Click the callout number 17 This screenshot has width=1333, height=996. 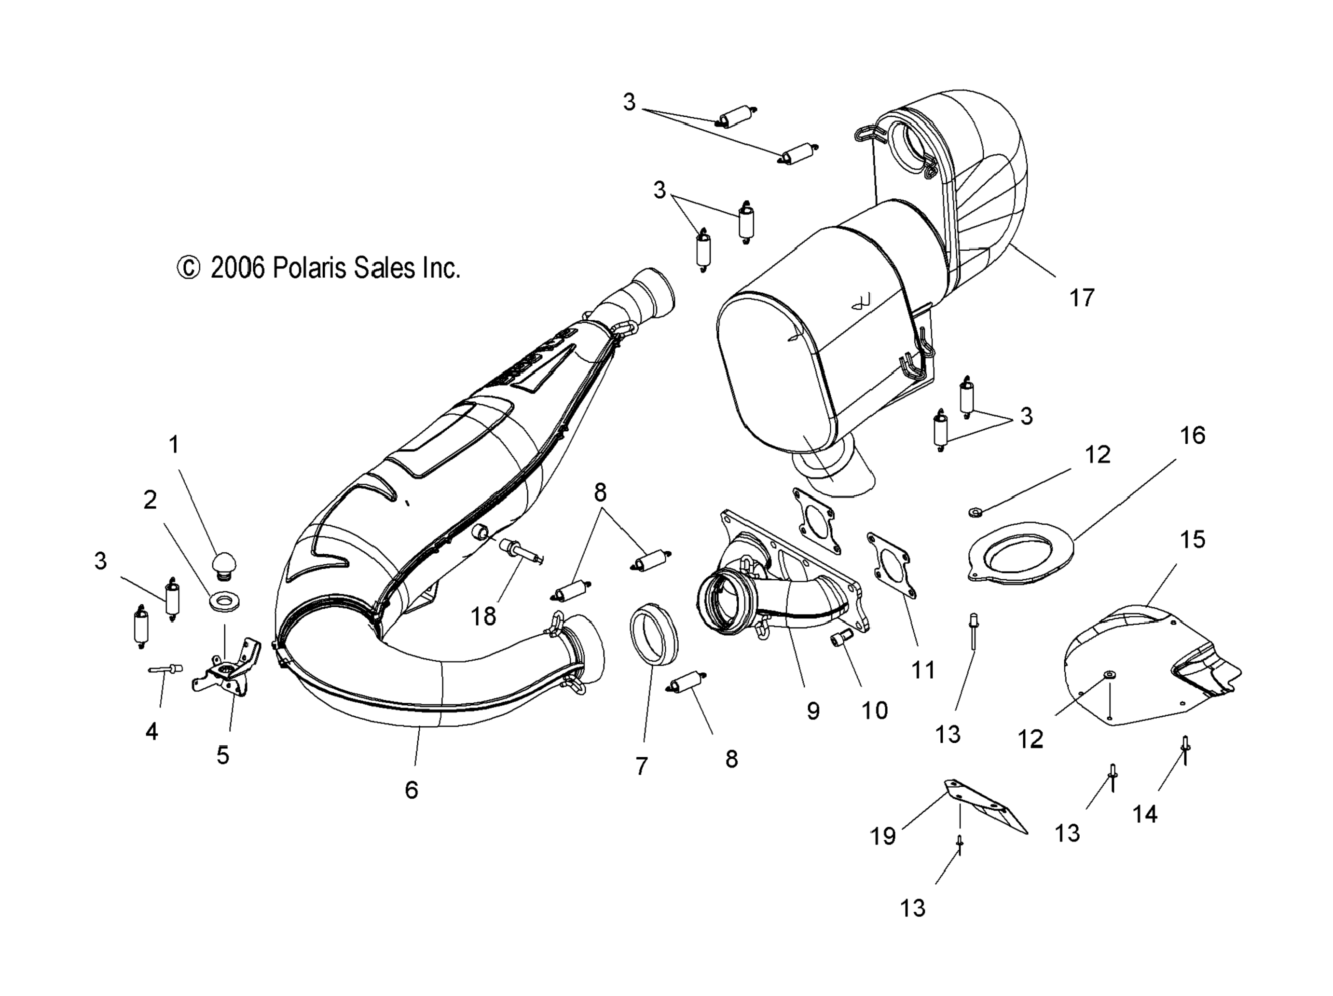pyautogui.click(x=1081, y=298)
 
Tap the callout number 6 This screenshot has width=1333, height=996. pyautogui.click(x=411, y=790)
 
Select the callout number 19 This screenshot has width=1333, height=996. pyautogui.click(x=883, y=836)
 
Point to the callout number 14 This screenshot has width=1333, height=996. pyautogui.click(x=1145, y=814)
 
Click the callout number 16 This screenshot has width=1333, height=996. pyautogui.click(x=1192, y=435)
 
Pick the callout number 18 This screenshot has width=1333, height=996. pyautogui.click(x=483, y=616)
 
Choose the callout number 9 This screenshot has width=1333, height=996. pyautogui.click(x=813, y=711)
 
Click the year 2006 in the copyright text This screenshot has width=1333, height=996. pyautogui.click(x=237, y=268)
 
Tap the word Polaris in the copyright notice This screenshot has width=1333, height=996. pyautogui.click(x=311, y=268)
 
